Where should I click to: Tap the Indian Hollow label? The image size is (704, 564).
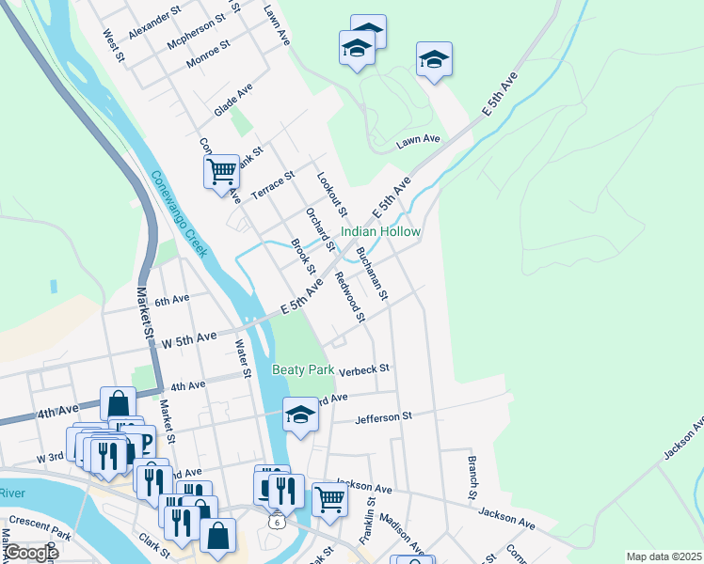380,231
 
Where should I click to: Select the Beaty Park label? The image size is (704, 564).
303,369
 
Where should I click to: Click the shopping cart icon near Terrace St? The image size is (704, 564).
221,172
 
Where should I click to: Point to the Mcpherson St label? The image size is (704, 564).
196,31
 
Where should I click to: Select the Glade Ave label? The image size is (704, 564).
233,99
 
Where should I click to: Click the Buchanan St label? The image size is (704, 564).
373,273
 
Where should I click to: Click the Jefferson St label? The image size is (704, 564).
384,415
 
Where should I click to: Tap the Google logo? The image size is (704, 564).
30,552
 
